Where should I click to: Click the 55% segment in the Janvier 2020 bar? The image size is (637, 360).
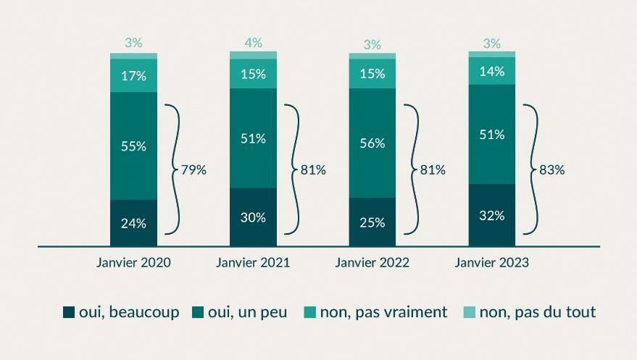[x=133, y=146]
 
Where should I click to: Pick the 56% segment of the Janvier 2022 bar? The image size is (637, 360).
[x=372, y=143]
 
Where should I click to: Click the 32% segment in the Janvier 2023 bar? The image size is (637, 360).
[x=492, y=215]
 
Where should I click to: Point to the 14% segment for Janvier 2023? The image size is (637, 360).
[x=492, y=71]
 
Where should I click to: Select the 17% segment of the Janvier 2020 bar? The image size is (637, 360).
[x=133, y=75]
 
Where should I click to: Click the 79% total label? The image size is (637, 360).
[x=194, y=170]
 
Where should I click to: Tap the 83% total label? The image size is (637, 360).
[x=552, y=170]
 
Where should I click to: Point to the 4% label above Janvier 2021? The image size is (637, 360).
[x=253, y=43]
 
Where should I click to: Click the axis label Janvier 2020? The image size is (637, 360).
[x=133, y=263]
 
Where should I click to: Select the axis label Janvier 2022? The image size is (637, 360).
[x=372, y=263]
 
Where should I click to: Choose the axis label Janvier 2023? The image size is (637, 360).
[x=492, y=263]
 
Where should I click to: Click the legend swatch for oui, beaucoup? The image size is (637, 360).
[x=70, y=313]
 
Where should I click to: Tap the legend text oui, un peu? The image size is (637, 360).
[x=247, y=312]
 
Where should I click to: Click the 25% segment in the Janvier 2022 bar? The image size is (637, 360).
[x=372, y=222]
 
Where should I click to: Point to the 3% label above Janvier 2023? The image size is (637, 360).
[x=492, y=43]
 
